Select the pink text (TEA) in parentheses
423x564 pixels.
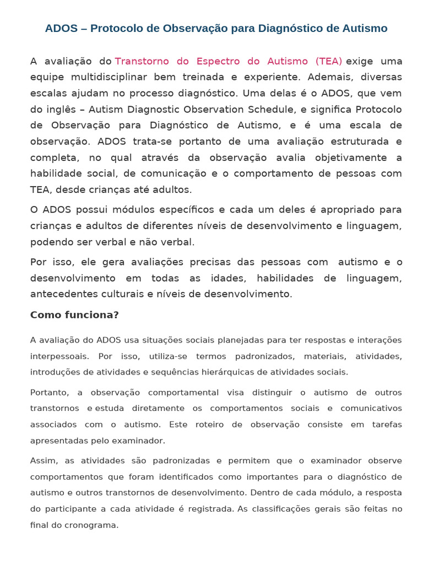click(x=329, y=61)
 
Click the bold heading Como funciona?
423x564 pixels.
click(x=74, y=315)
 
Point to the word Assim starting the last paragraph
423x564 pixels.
click(x=42, y=460)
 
